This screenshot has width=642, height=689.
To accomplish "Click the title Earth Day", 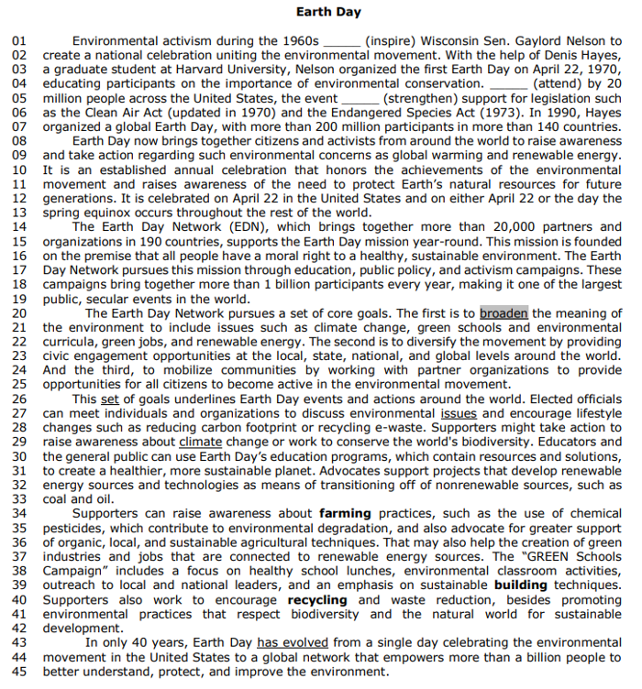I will click(329, 13).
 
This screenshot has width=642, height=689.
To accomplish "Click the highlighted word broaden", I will click(504, 313).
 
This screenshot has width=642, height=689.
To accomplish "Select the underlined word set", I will click(109, 399).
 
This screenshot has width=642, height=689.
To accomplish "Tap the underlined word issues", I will click(459, 413).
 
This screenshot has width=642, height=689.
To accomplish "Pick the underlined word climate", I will click(200, 442).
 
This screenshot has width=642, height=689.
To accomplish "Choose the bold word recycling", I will click(317, 599).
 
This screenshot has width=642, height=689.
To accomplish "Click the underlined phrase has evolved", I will click(293, 642).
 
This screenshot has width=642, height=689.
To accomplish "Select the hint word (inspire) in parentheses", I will click(392, 41).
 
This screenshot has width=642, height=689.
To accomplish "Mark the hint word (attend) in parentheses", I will click(560, 83).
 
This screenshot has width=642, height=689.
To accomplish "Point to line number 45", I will click(19, 671).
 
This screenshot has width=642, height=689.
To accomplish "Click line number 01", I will click(19, 41).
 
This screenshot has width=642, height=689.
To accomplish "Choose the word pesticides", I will click(72, 528).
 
